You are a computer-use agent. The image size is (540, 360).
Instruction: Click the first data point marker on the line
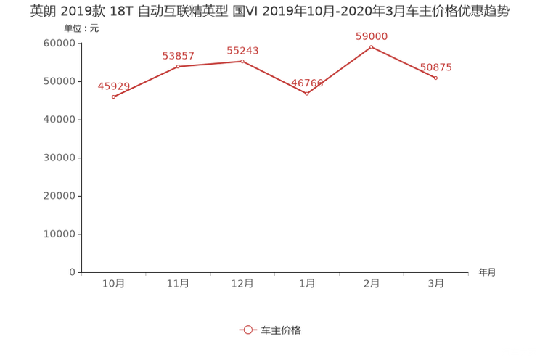(113, 97)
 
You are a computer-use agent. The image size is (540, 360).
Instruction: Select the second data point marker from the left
(178, 67)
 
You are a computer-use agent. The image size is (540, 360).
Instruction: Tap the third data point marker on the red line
(242, 60)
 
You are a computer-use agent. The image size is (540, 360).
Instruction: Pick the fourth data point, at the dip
(307, 94)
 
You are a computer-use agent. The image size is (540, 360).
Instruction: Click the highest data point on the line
(372, 46)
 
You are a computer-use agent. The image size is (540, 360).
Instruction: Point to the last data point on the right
(436, 77)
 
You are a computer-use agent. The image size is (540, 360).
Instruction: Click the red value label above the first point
(113, 86)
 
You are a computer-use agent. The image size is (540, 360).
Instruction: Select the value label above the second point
(178, 56)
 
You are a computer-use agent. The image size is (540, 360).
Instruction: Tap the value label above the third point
(242, 49)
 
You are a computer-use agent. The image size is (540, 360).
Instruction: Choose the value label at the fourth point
(308, 83)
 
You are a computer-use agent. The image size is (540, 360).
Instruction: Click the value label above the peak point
(372, 36)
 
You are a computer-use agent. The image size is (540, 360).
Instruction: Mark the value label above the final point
(436, 67)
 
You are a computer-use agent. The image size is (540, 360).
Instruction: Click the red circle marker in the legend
(248, 330)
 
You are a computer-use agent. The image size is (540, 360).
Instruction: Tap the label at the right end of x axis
(487, 272)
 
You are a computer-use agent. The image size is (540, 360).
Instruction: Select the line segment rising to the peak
(340, 70)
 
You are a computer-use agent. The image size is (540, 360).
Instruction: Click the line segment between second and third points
(210, 63)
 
